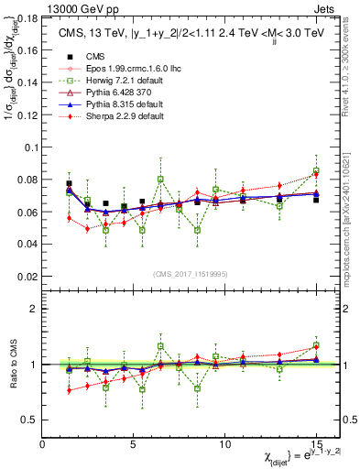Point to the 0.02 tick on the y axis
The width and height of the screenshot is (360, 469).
[27, 276]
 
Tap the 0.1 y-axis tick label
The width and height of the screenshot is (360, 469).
[30, 147]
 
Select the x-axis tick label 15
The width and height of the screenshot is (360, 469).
[315, 443]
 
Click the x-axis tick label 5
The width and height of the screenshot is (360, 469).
[134, 443]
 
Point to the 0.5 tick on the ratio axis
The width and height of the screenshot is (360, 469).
[30, 420]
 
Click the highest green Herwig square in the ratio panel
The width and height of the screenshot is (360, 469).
[160, 346]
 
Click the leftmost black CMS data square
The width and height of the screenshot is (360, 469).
[69, 184]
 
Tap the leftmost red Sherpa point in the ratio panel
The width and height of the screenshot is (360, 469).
[69, 390]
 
